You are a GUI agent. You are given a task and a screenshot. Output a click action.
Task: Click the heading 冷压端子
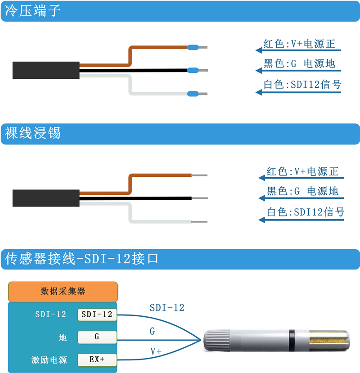[x=32, y=11]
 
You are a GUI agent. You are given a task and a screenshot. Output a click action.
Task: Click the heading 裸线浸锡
[x=32, y=133]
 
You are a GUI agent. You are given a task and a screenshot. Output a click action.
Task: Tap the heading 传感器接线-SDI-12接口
[x=81, y=259]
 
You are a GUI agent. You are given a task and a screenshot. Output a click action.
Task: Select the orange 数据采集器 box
[x=63, y=292]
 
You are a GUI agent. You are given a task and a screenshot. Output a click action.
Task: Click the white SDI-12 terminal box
[x=97, y=315]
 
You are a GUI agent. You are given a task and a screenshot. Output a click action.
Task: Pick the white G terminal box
[x=97, y=337]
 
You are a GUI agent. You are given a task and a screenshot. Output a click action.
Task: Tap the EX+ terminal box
[x=97, y=360]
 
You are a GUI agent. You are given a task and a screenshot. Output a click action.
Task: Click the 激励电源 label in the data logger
[x=49, y=360]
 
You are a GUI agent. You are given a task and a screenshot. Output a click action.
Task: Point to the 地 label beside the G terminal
[x=63, y=337]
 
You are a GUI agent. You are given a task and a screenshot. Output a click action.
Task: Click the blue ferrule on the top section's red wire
[x=193, y=47]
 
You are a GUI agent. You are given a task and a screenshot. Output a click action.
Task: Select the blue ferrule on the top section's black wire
[x=193, y=70]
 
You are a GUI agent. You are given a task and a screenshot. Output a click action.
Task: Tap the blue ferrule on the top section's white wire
[x=193, y=94]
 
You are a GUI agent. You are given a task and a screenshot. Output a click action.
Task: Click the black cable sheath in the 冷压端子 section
[x=46, y=70]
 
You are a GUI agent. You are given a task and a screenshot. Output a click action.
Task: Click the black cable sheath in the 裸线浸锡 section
[x=46, y=198]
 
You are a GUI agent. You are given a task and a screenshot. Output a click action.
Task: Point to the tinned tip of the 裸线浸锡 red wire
[x=199, y=175]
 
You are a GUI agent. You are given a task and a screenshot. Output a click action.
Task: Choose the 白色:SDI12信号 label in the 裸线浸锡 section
[x=305, y=212]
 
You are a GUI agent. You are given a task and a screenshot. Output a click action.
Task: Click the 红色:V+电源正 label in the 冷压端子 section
[x=299, y=44]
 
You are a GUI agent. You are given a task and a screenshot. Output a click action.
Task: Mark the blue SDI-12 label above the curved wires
[x=167, y=308]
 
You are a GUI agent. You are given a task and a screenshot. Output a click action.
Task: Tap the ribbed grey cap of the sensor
[x=217, y=341]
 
